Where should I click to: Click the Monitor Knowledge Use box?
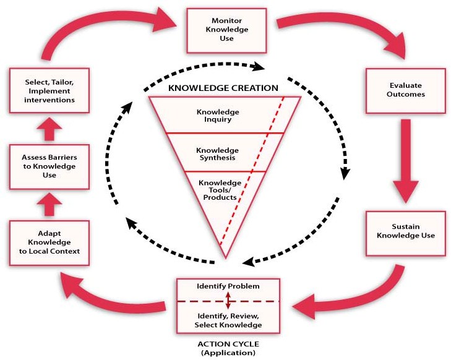[226, 30]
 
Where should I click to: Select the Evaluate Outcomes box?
[405, 90]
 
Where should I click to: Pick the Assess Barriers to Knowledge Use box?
[45, 166]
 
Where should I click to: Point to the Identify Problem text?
[228, 287]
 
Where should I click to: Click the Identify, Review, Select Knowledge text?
[228, 320]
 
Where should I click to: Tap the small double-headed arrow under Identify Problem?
[228, 301]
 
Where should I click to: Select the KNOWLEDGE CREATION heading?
[223, 88]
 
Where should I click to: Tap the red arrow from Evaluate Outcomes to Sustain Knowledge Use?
[405, 163]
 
